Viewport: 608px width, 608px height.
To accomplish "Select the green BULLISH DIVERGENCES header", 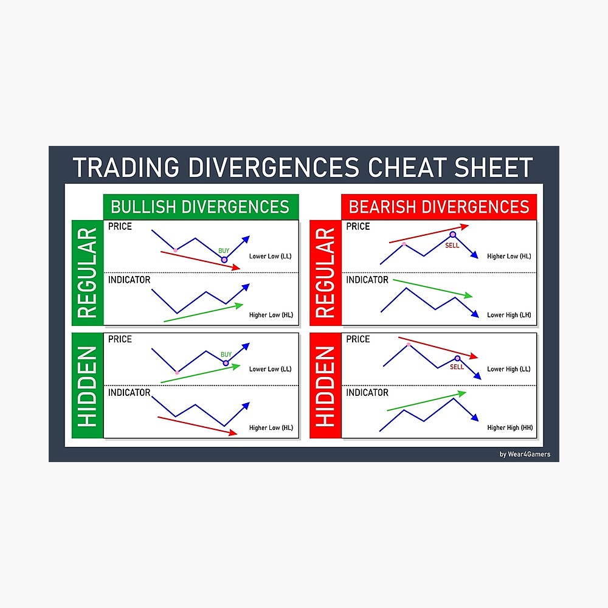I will coord(200,207).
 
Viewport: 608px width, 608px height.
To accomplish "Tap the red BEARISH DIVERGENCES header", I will coord(439,207).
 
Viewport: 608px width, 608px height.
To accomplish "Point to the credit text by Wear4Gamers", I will coord(525,454).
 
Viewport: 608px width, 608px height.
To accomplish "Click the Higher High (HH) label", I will coord(510,428).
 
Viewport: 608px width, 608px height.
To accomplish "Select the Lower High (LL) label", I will coord(509,369).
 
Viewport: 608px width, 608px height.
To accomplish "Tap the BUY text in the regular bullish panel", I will coord(224,250).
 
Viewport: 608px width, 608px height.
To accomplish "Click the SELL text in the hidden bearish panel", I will coord(457,367).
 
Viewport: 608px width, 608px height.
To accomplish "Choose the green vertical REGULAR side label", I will coord(88,272).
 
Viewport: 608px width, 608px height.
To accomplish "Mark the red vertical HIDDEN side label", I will coord(326,385).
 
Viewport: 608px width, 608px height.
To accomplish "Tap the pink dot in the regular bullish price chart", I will coord(176,249).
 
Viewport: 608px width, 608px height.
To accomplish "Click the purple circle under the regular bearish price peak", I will coord(453,235).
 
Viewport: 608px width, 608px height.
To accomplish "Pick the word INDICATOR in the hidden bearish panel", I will coord(367,393).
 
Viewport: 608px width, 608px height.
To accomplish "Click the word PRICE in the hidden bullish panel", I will coord(120,339).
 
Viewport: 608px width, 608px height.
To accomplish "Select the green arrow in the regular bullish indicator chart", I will coord(203,313).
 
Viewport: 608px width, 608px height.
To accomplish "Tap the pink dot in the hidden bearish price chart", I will coord(408,344).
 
